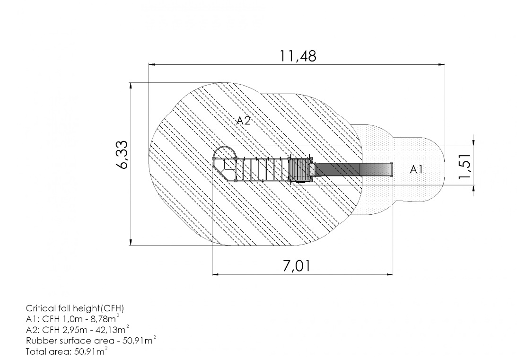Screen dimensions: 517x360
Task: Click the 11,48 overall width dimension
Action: (298, 56)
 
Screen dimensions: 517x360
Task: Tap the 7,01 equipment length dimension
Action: (297, 266)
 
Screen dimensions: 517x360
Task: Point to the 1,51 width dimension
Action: (465, 167)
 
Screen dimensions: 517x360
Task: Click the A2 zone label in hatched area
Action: (244, 121)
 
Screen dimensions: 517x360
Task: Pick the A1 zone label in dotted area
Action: (416, 169)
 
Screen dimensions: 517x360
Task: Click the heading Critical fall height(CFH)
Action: (75, 308)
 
